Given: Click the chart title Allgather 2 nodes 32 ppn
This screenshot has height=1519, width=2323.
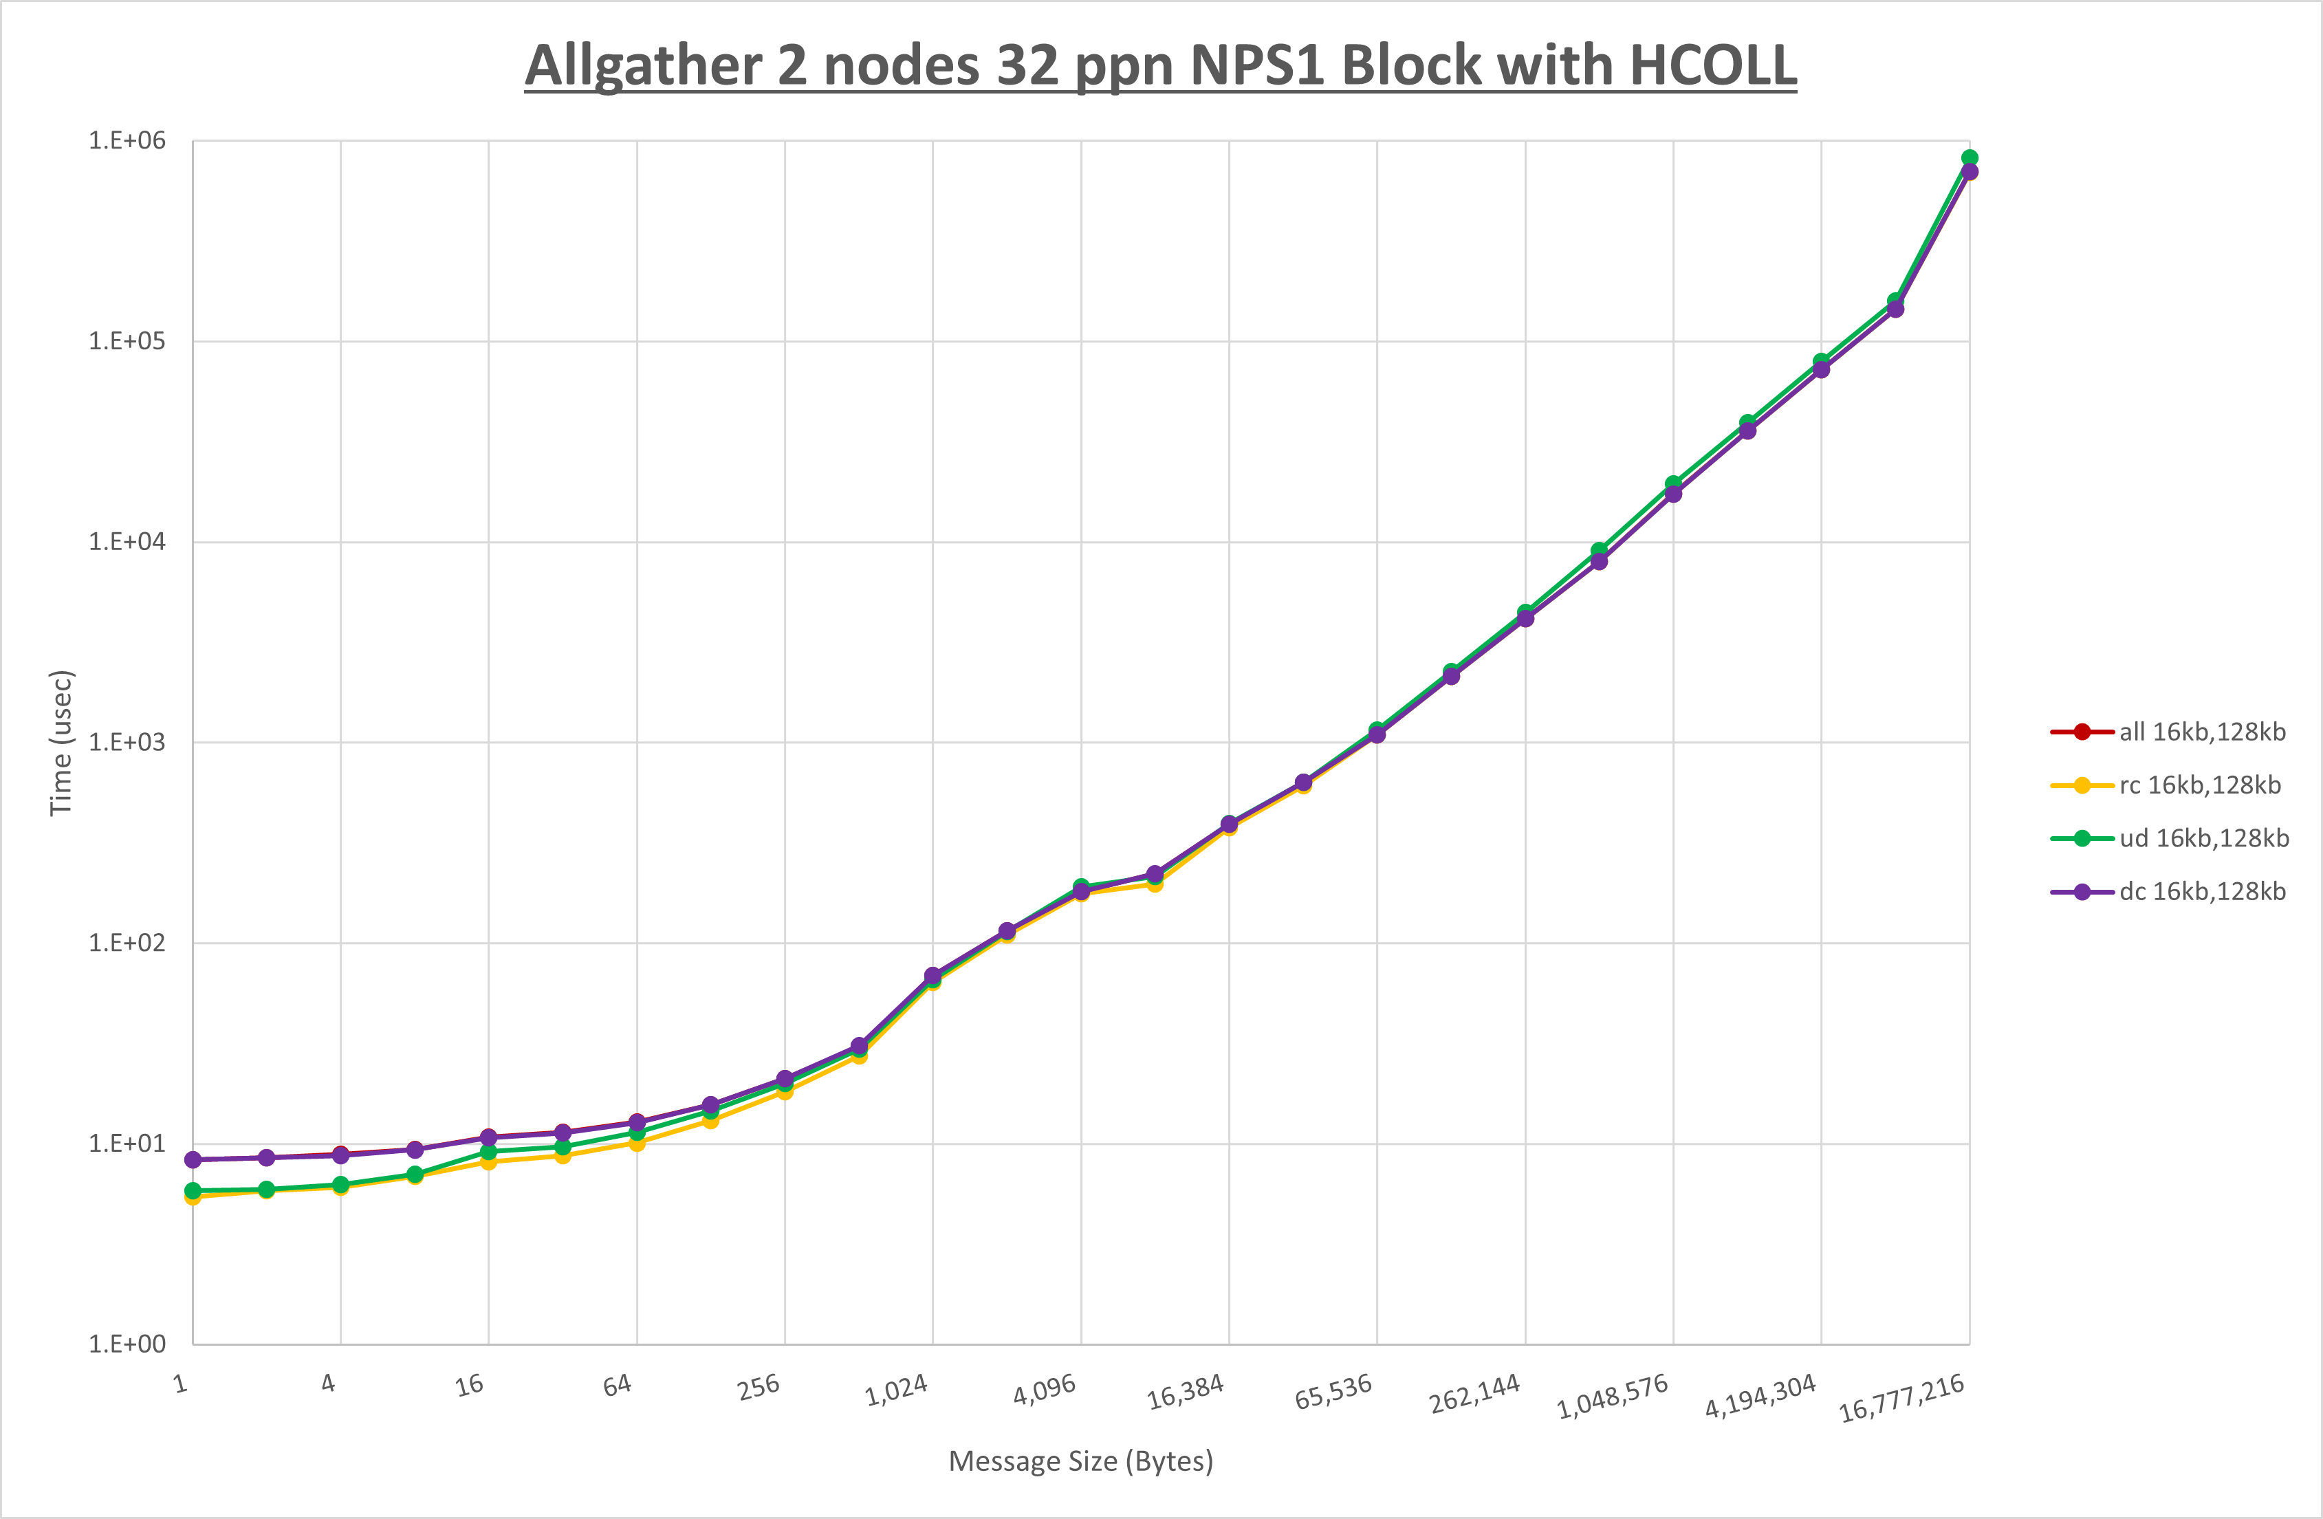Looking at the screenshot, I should [1161, 67].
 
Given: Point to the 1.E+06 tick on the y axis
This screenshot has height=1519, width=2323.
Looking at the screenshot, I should [127, 140].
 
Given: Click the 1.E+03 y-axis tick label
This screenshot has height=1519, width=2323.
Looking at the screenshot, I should [127, 742].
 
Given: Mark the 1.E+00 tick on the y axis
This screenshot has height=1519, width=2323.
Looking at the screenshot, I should [127, 1344].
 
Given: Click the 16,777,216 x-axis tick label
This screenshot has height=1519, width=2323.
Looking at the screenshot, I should [1901, 1399].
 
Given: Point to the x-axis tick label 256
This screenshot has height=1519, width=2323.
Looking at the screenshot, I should [759, 1386].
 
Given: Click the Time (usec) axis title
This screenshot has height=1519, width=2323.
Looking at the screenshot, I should [61, 742].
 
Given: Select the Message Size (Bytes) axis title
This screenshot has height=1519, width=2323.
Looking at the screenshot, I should [1080, 1461].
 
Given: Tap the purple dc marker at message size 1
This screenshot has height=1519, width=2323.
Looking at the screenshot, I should [193, 1160].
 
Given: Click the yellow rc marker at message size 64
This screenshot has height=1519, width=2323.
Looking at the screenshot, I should [636, 1143].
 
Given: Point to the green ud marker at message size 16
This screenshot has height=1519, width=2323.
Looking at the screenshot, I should [489, 1152].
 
